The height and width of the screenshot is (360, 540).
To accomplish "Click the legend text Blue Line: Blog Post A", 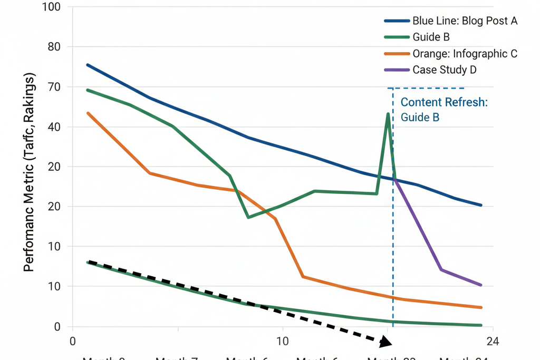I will (465, 21).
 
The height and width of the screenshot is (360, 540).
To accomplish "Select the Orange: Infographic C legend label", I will (465, 54).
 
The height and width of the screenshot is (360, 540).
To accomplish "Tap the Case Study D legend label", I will (445, 70).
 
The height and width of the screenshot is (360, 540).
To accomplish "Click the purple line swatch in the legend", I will (397, 70).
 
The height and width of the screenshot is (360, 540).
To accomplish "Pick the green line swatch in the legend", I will (397, 37).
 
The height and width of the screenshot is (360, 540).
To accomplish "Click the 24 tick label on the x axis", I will (493, 341).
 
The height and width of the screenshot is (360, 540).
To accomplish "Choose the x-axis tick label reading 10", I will (283, 341).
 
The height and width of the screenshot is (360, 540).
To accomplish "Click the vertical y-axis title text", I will (30, 174).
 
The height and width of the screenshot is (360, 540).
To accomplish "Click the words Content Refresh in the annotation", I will (444, 102).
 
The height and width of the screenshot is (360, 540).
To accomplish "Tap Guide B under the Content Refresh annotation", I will (420, 117).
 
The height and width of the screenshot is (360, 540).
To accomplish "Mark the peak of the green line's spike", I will (388, 114).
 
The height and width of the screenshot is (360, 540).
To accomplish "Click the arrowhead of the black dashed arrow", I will (387, 342).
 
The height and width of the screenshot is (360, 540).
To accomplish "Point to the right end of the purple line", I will (480, 285).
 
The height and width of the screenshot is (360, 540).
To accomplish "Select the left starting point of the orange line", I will (88, 113).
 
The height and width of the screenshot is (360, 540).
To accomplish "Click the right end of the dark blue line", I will (480, 205).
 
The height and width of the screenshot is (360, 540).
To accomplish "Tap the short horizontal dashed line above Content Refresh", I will (426, 88).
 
